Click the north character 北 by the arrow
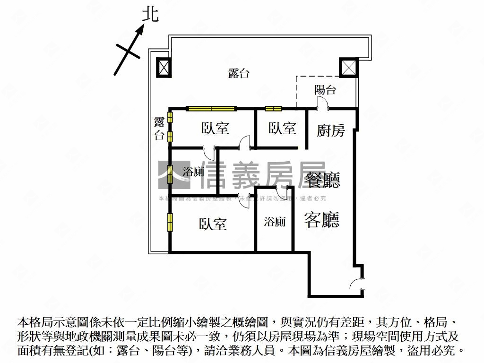tap(151, 15)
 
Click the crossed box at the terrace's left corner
tap(163, 68)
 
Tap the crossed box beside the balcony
tap(349, 67)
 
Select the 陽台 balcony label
tap(325, 90)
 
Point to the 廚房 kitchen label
tap(331, 130)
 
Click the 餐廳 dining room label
tap(323, 180)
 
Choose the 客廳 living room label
tap(322, 219)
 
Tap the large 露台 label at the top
tap(239, 74)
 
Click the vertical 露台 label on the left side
tap(159, 129)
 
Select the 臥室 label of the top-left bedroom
tap(216, 128)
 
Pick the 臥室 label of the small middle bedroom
tap(282, 128)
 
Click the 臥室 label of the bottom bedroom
tap(213, 224)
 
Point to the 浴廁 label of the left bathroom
tap(193, 172)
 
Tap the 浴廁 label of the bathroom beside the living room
tap(275, 222)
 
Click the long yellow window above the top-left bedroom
tap(211, 109)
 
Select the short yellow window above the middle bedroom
tap(273, 109)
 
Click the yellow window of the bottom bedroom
tap(170, 223)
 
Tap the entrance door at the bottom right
tap(355, 284)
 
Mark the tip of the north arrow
tap(143, 26)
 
